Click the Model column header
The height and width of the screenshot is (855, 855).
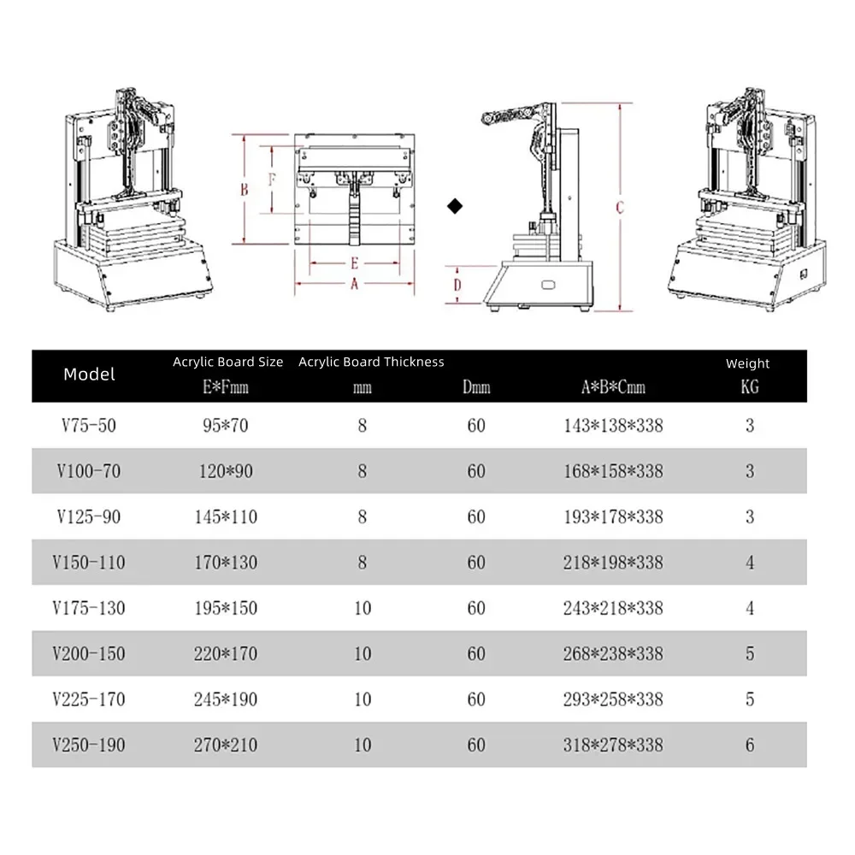click(x=89, y=374)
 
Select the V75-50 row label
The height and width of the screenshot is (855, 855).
click(x=90, y=425)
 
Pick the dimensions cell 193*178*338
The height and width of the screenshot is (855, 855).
click(x=613, y=516)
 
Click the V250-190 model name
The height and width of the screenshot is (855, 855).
click(x=90, y=745)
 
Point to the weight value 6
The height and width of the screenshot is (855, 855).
click(x=750, y=745)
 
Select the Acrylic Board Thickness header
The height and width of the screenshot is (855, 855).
click(x=371, y=362)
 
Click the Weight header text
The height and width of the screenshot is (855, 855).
click(x=747, y=363)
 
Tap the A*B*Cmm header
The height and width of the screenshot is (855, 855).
click(x=613, y=387)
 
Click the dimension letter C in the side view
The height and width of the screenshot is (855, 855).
click(x=620, y=207)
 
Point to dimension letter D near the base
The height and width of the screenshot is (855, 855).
click(x=457, y=284)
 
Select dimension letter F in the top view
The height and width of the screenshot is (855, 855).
click(x=272, y=180)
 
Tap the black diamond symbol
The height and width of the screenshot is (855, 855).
click(x=455, y=205)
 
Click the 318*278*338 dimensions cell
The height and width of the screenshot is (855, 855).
click(x=613, y=745)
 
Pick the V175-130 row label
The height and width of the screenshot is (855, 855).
click(x=90, y=608)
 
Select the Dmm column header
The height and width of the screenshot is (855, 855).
click(x=476, y=387)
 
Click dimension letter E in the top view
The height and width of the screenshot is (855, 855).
click(x=353, y=264)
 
